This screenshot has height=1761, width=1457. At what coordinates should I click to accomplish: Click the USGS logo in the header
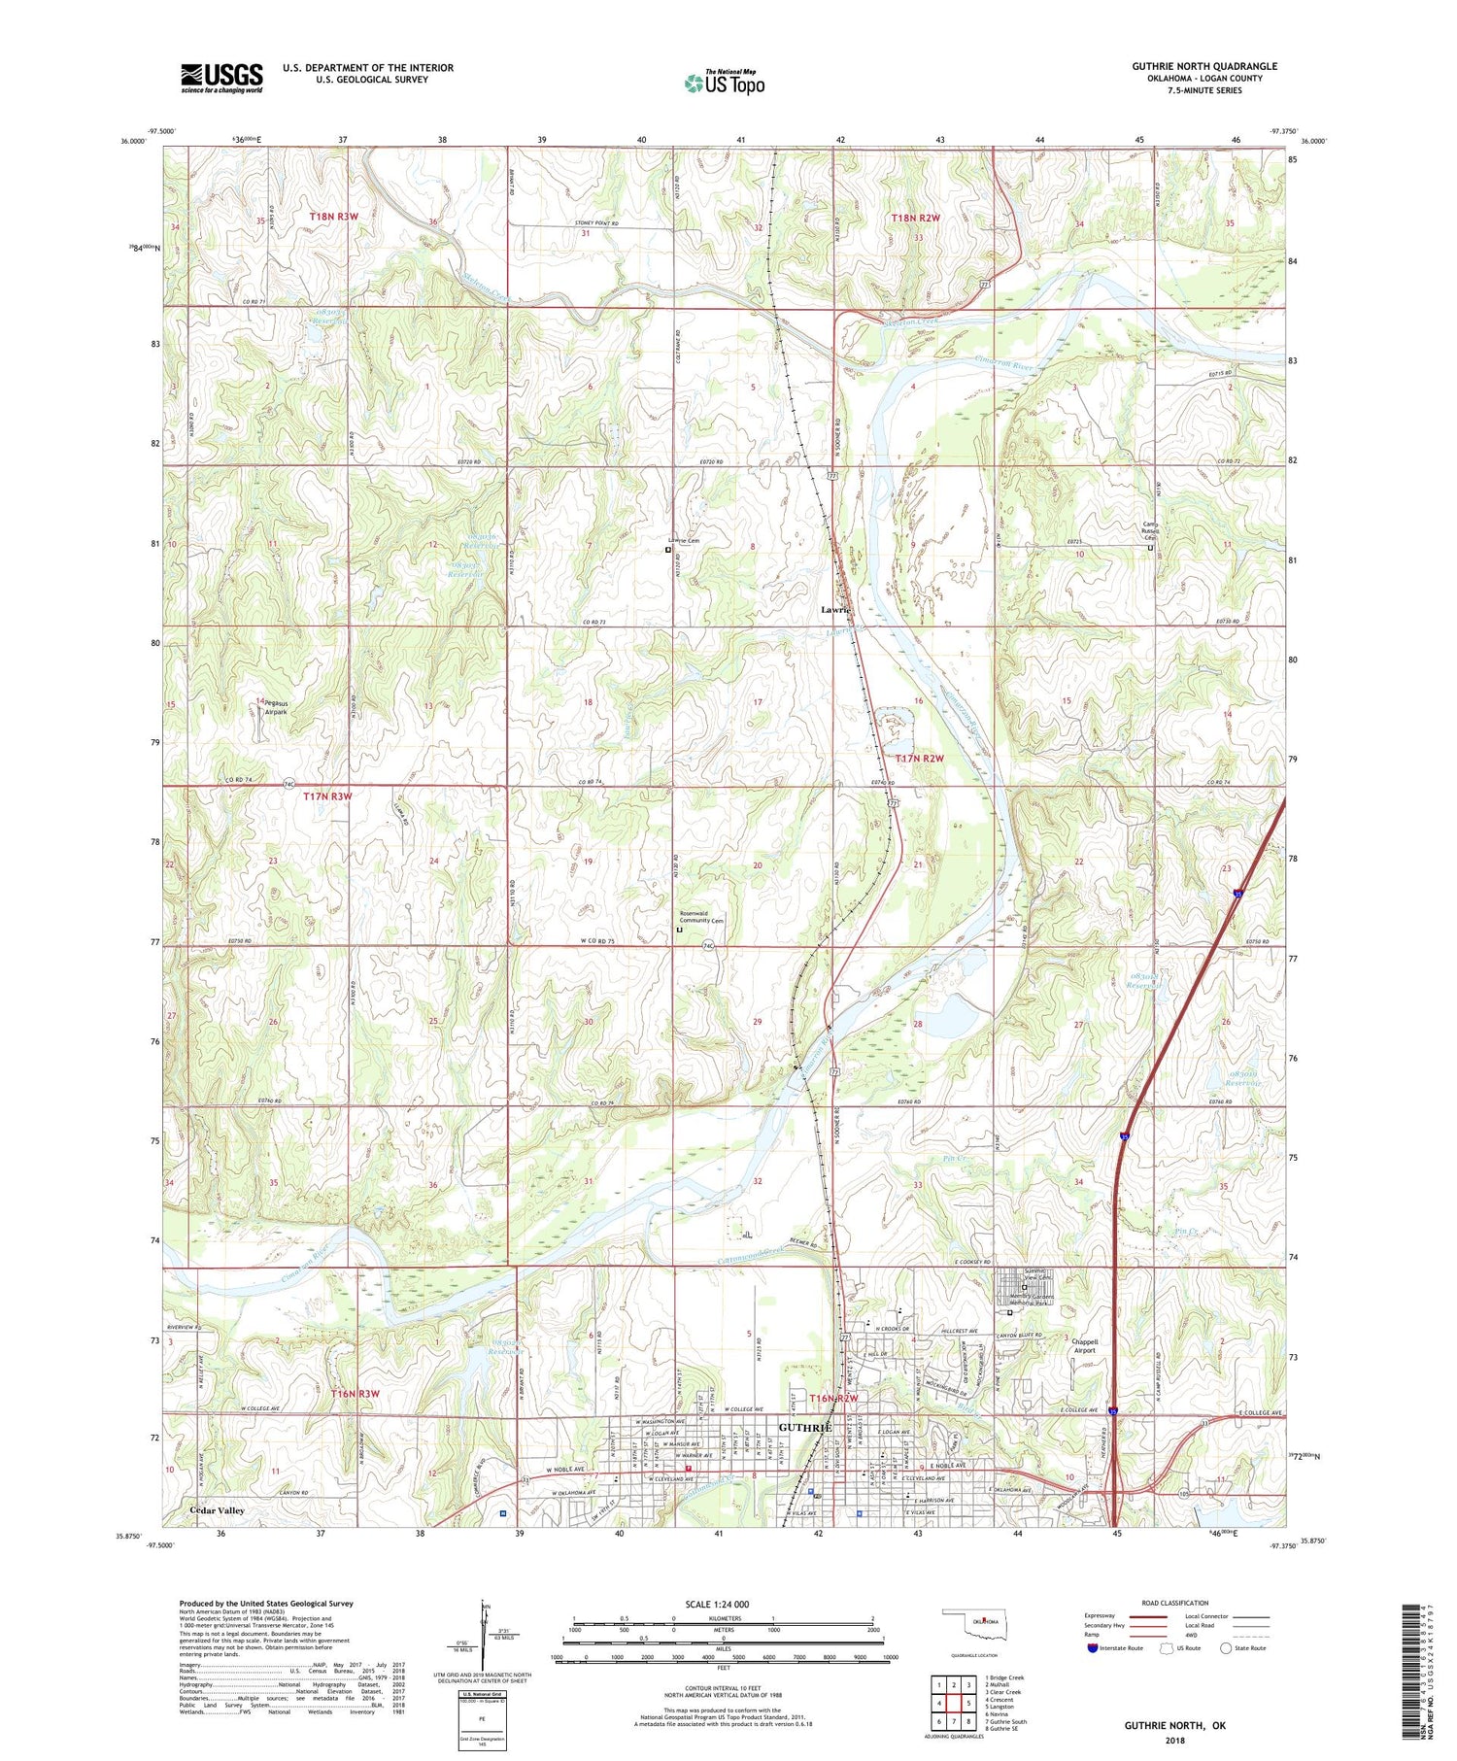coord(220,78)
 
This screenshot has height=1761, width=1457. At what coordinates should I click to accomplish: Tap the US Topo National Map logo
coord(724,83)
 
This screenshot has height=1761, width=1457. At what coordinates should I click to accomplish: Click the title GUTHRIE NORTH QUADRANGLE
coord(1203,66)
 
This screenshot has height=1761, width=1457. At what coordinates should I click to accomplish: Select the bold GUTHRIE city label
coord(805,1428)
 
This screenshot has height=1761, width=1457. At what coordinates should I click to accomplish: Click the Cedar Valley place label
coord(217,1510)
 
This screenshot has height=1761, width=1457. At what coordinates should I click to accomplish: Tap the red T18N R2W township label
coord(915,219)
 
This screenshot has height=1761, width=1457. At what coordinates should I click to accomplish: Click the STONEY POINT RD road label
coord(593,224)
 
